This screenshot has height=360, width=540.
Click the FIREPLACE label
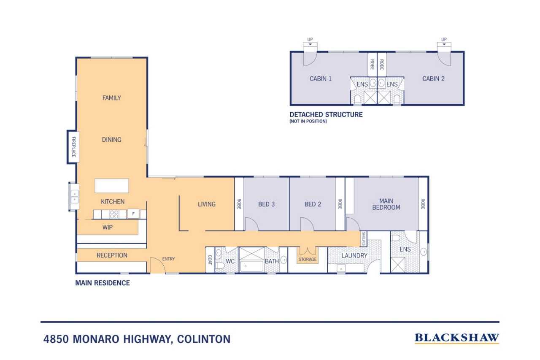pos(74,147)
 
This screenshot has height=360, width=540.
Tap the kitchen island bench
pos(112,186)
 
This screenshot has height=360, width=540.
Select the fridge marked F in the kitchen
pos(133,214)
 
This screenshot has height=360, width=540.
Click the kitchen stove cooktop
pos(114,214)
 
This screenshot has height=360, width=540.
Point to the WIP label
pos(108,227)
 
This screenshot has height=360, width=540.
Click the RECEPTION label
pos(112,255)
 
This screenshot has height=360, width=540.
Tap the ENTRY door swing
pos(157,265)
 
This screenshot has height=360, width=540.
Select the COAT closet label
pos(210,260)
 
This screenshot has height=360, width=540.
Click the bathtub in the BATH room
pos(252,266)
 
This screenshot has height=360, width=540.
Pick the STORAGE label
pos(308,260)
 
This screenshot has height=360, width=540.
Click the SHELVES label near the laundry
pos(364,239)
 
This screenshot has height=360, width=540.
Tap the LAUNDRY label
pos(354,256)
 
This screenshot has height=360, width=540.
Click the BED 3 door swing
pos(252,224)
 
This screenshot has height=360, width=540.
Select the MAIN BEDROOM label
pos(386,204)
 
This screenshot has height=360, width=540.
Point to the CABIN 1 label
pos(320,78)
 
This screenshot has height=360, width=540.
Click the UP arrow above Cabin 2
pos(444,44)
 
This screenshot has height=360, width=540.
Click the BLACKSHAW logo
pos(457,338)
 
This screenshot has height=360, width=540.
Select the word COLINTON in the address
pos(204,339)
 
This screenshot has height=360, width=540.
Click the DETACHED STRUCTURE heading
pos(326,114)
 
